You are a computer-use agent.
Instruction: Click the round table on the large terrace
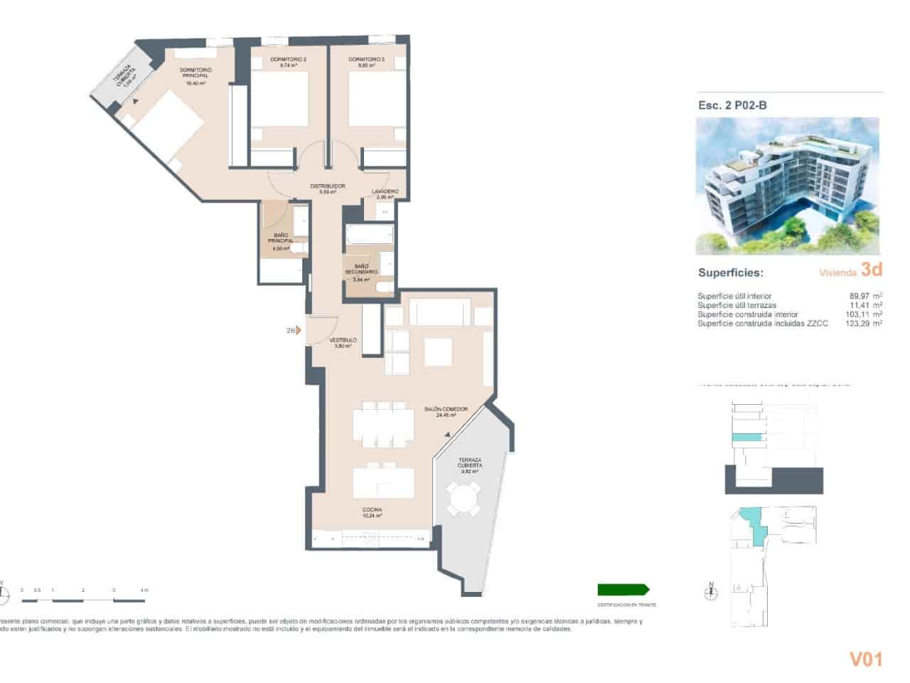point(463,500)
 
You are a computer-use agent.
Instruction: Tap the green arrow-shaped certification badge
point(623,589)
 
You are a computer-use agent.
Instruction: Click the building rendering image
point(787,186)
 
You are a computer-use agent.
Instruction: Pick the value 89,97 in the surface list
point(853,296)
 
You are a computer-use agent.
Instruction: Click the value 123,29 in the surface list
point(852,323)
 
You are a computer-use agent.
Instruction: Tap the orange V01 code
point(865,660)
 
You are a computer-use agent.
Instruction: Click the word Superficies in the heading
point(730,272)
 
